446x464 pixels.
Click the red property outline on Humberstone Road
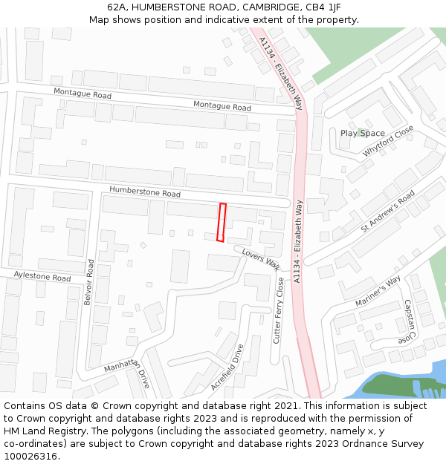pyautogui.click(x=222, y=222)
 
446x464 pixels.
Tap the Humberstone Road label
pyautogui.click(x=145, y=192)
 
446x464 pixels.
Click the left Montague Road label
pyautogui.click(x=82, y=95)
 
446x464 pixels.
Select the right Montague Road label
pyautogui.click(x=222, y=106)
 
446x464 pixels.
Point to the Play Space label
pyautogui.click(x=363, y=134)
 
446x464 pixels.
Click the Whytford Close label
pyautogui.click(x=388, y=141)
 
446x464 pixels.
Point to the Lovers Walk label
pyautogui.click(x=261, y=258)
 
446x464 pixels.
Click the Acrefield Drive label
pyautogui.click(x=227, y=367)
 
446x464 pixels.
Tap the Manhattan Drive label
pyautogui.click(x=127, y=374)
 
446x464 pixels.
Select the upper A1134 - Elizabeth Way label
pyautogui.click(x=282, y=71)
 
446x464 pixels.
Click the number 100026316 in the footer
pyautogui.click(x=30, y=456)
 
